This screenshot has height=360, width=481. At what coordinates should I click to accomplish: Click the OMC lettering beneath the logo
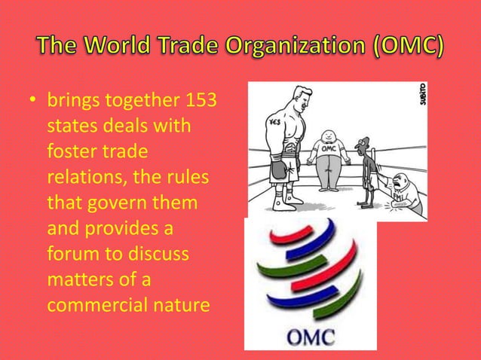(309, 337)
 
